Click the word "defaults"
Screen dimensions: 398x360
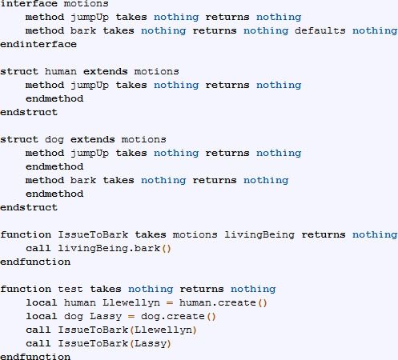pyautogui.click(x=320, y=30)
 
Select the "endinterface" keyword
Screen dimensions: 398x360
pyautogui.click(x=38, y=44)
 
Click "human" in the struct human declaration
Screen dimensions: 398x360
pyautogui.click(x=61, y=71)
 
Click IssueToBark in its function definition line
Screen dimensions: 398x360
pyautogui.click(x=93, y=234)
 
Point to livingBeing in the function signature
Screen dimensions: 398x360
pyautogui.click(x=259, y=235)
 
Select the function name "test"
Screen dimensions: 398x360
pyautogui.click(x=70, y=289)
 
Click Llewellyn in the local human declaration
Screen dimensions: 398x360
pyautogui.click(x=131, y=303)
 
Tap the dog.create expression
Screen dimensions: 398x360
pyautogui.click(x=173, y=317)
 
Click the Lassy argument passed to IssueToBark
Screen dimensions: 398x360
pyautogui.click(x=151, y=344)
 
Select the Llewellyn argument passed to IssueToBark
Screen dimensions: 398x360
pyautogui.click(x=163, y=330)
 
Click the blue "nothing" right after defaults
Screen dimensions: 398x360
pyautogui.click(x=375, y=30)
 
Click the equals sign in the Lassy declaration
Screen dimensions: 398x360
pyautogui.click(x=131, y=317)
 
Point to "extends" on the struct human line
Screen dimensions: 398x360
pyautogui.click(x=106, y=71)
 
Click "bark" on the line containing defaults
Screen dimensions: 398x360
pyautogui.click(x=83, y=30)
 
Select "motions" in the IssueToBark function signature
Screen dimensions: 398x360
pyautogui.click(x=195, y=234)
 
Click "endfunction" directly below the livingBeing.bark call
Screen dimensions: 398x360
pyautogui.click(x=35, y=262)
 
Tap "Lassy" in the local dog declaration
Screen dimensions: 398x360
pyautogui.click(x=106, y=317)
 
